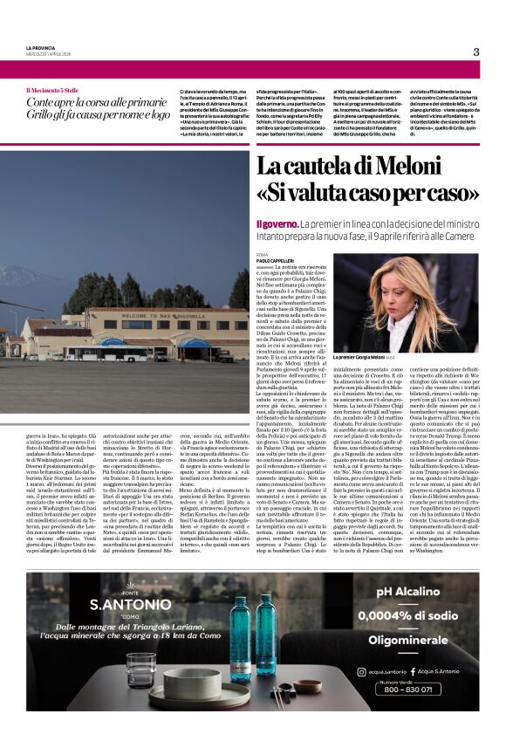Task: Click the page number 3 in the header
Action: (476, 51)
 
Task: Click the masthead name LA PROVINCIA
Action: (41, 47)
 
